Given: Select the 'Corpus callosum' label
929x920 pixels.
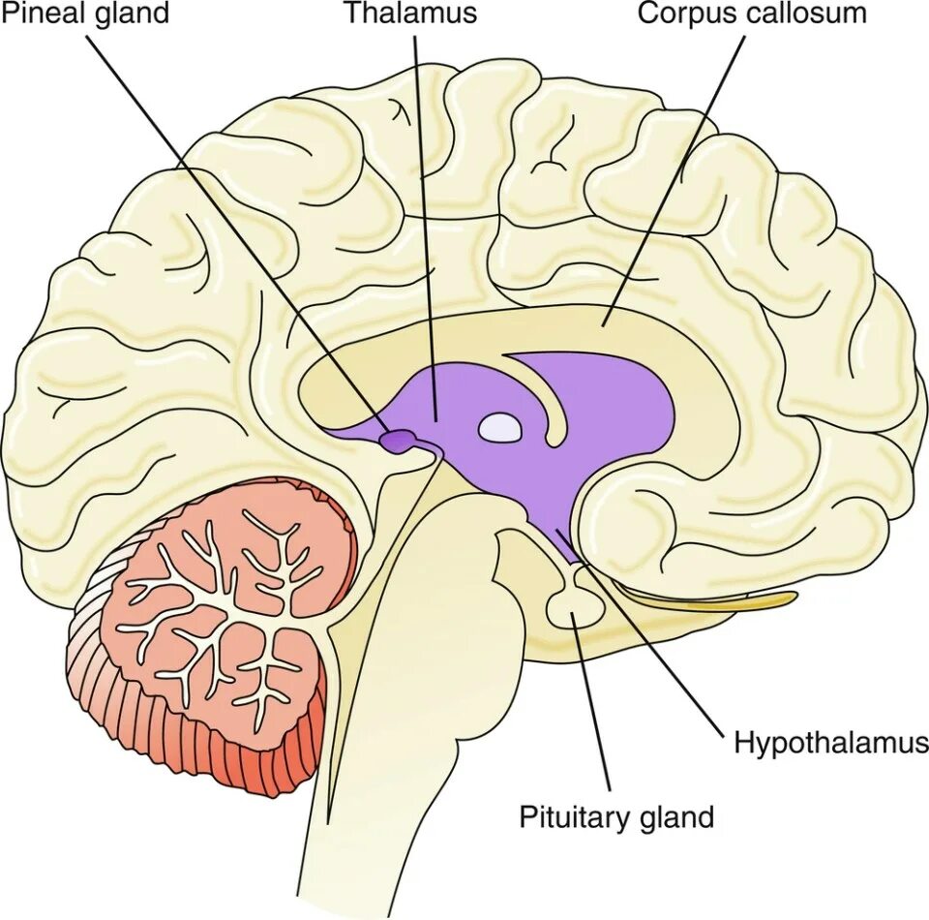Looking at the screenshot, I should pos(752,15).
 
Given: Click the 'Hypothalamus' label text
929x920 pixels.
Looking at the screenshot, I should pos(830,744).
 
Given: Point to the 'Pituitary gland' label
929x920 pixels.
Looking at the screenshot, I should pos(616,816).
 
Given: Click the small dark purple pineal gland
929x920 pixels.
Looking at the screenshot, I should pos(396,441).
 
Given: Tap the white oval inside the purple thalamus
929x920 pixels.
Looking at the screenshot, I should pos(500,427).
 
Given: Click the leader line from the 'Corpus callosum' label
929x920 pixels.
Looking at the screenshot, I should pos(677,174).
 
